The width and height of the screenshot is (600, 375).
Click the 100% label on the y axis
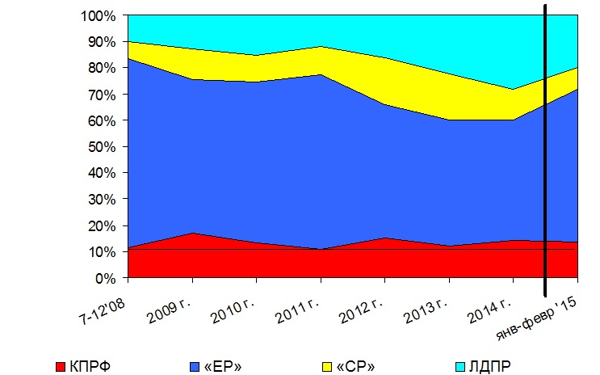98,16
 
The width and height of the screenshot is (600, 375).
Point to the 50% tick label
102,147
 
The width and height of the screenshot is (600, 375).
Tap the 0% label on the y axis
105,279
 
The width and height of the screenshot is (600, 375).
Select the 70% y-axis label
102,95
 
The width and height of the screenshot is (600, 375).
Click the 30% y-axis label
102,200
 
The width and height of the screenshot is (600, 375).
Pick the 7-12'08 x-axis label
103,311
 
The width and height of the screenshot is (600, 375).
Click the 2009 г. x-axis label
170,311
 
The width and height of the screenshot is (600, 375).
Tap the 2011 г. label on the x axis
298,311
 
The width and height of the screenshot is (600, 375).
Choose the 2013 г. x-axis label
426,311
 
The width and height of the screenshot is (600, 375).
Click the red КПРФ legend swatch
61,367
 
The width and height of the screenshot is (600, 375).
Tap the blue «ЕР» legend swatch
195,367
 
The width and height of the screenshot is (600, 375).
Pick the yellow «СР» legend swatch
327,367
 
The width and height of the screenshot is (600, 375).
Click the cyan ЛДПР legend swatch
460,367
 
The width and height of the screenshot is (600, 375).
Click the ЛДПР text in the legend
490,367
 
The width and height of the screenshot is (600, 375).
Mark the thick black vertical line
545,150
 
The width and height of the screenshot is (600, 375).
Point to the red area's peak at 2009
192,233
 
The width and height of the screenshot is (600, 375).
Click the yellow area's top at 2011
321,47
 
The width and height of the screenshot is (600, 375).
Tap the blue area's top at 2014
513,120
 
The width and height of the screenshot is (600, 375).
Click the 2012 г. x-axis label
362,311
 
